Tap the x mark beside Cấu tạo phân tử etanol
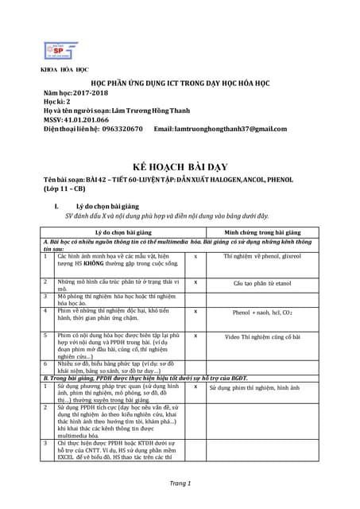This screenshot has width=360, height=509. [195, 282]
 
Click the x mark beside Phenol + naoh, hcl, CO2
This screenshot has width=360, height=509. [195, 313]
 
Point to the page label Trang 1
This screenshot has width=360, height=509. [180, 484]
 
